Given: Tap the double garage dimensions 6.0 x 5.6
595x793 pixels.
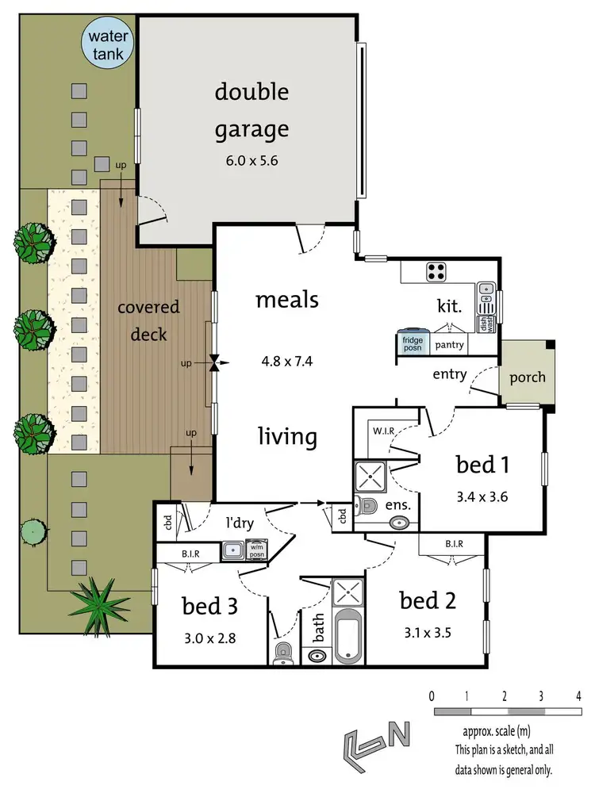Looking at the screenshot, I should (251, 160).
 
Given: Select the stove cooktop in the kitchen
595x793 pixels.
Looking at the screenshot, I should (436, 272).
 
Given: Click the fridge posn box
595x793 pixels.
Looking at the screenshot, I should (413, 343).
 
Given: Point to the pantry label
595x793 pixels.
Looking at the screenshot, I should (448, 346).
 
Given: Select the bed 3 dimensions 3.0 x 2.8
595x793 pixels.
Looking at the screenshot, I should (210, 638).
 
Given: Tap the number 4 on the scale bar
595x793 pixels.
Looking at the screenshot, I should (578, 696).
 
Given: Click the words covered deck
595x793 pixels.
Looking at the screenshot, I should (149, 320).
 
